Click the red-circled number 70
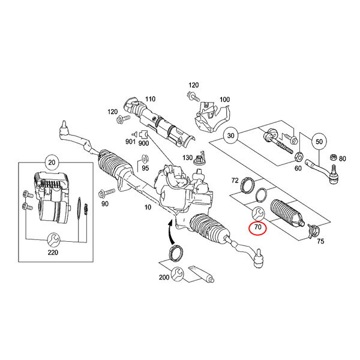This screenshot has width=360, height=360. point(258,227)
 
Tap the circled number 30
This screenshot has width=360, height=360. point(230,136)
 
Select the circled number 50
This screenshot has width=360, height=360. point(319,142)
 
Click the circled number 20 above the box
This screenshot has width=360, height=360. point(52,163)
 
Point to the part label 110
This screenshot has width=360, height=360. point(150,99)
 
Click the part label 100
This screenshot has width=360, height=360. point(224,100)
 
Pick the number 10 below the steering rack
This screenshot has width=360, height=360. point(148,208)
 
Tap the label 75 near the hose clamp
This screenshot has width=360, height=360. point(320,241)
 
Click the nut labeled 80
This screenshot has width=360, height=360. point(332,157)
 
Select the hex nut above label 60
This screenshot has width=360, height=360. point(298,157)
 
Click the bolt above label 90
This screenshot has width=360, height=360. point(107,193)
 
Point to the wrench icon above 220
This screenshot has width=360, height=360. point(53,240)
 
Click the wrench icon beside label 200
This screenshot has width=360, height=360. point(178,274)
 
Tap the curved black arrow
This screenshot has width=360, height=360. point(171,231)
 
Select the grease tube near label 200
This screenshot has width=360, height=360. point(201,274)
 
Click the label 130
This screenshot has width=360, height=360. point(187,158)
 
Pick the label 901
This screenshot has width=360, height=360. point(130,142)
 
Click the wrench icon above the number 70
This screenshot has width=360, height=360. point(259,213)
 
